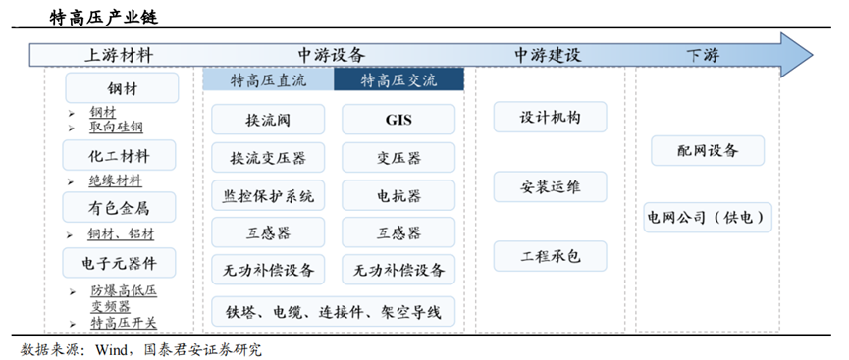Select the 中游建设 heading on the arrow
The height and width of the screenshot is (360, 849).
pos(548,55)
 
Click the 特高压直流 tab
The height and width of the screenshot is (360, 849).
pos(269,80)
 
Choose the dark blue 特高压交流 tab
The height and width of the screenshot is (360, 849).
pos(398,80)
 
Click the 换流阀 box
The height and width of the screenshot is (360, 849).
pos(268,120)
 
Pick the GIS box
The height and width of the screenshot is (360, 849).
pos(398,120)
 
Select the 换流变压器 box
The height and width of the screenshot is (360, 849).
pos(268,157)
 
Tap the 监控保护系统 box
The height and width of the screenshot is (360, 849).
pos(268,195)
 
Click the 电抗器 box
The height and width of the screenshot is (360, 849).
pos(398,195)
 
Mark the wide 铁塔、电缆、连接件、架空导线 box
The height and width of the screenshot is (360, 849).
pos(333,312)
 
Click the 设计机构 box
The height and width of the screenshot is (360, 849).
pos(550,117)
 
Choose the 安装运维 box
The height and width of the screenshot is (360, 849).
pos(550,186)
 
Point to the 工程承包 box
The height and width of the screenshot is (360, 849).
pos(550,256)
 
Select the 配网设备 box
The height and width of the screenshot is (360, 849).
pos(707,150)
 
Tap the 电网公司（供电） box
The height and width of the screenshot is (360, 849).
pos(707,216)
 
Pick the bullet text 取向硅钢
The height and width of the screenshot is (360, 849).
pos(117,128)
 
